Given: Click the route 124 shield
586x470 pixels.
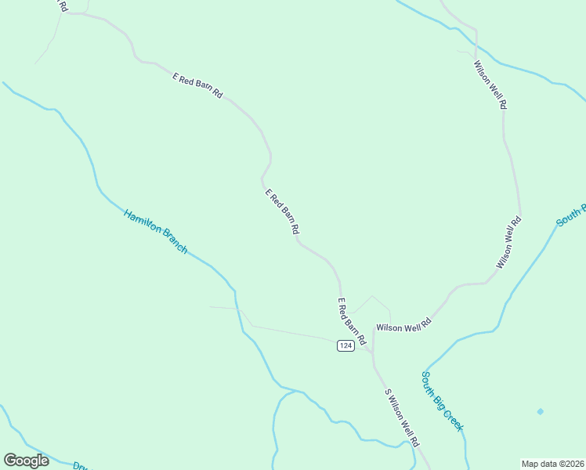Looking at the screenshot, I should tap(345, 345).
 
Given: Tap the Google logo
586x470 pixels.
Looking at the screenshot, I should tap(26, 461).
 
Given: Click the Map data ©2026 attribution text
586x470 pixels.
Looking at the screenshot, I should tap(552, 463).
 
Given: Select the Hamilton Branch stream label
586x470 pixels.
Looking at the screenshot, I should tap(155, 231).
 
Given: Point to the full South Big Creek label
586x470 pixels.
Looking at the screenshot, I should tap(443, 401).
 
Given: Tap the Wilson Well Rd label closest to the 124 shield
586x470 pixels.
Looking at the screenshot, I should tap(403, 325).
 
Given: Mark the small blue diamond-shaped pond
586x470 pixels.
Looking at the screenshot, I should tap(540, 411).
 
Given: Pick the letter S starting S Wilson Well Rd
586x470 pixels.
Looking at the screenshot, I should tap(386, 392).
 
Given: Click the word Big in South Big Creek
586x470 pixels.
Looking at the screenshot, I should tap(441, 399).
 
